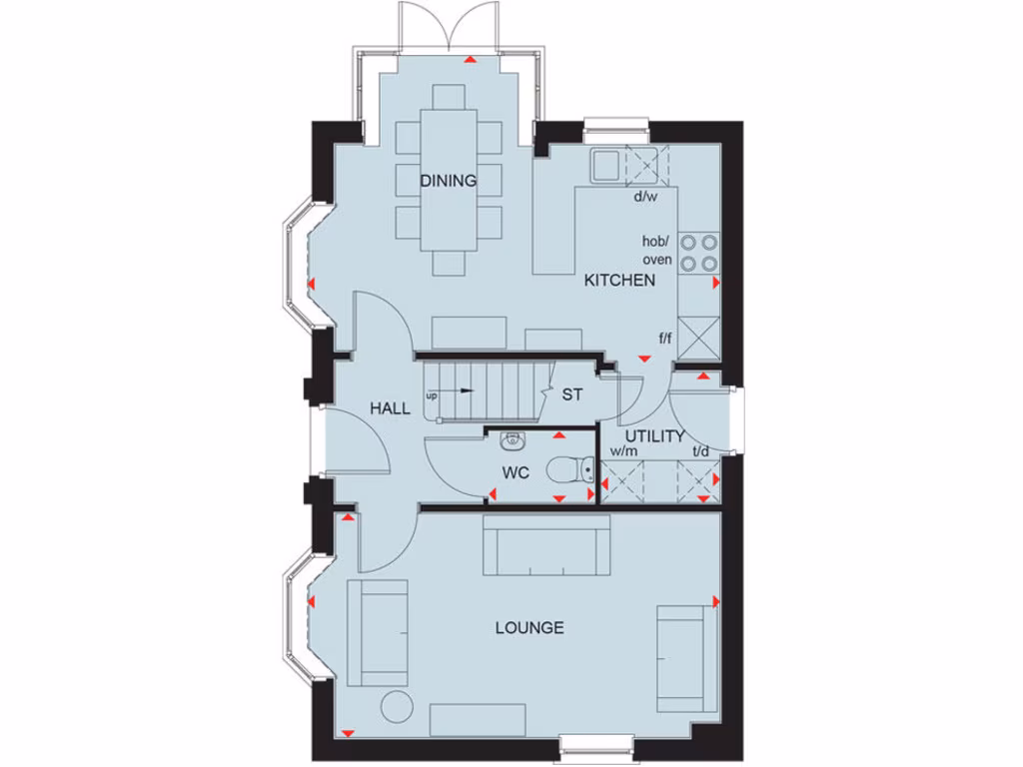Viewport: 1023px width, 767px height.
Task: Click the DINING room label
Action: pyautogui.click(x=448, y=181)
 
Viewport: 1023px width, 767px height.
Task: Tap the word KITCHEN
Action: pyautogui.click(x=619, y=281)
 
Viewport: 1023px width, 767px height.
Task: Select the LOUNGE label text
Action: pyautogui.click(x=529, y=628)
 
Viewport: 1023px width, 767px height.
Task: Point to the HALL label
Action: pyautogui.click(x=390, y=408)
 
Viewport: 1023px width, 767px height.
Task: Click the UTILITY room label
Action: pyautogui.click(x=655, y=436)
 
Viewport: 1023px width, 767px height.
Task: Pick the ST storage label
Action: pyautogui.click(x=571, y=395)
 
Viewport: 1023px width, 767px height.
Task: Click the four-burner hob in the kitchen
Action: pyautogui.click(x=698, y=252)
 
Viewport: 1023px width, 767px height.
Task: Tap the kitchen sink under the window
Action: pyautogui.click(x=605, y=165)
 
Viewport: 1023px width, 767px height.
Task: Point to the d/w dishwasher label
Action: pyautogui.click(x=645, y=196)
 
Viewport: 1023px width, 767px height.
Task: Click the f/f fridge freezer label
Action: pyautogui.click(x=665, y=339)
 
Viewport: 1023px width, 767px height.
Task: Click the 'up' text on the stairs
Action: pyautogui.click(x=432, y=396)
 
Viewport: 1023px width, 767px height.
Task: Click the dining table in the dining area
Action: pyautogui.click(x=449, y=180)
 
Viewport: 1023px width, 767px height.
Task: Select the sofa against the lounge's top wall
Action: pyautogui.click(x=546, y=545)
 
